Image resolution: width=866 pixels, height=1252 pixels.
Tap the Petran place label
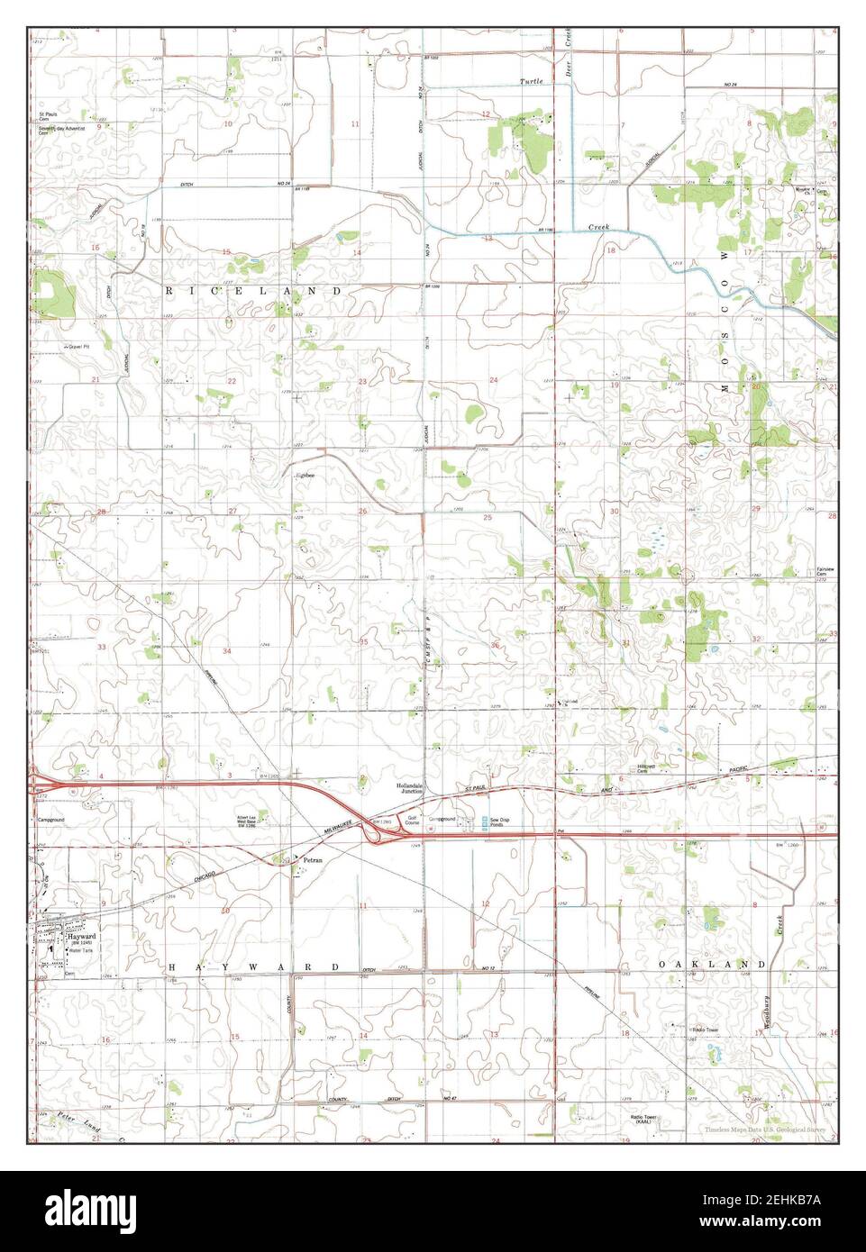coord(313,860)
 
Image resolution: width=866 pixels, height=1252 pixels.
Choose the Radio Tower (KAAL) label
coord(642,1120)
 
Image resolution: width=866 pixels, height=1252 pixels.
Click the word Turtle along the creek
coord(531,82)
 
